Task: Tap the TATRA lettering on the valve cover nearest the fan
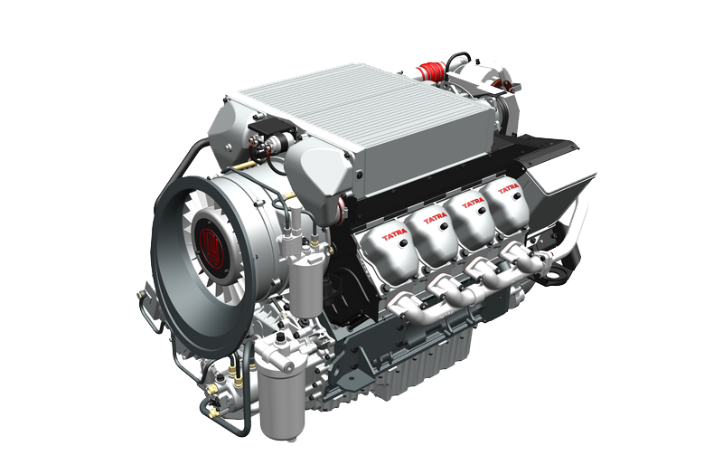pos(395,236)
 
